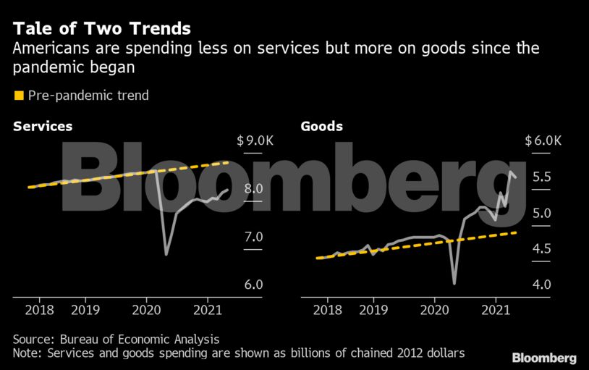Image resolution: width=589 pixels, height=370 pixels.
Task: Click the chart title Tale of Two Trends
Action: [101, 29]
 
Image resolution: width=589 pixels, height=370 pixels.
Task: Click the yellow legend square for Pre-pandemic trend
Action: [19, 95]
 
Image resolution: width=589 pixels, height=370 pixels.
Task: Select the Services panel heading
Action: [43, 126]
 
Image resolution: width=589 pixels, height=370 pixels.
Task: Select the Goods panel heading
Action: [322, 126]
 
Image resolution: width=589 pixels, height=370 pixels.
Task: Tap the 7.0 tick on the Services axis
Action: [253, 237]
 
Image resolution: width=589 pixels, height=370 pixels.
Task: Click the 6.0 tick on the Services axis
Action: [253, 285]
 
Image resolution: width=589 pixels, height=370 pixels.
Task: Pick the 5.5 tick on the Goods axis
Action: [541, 177]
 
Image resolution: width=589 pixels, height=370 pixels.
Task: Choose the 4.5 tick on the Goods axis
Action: [541, 248]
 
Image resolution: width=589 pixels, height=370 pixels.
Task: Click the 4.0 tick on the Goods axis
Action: [541, 285]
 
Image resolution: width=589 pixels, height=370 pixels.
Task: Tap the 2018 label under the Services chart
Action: [39, 309]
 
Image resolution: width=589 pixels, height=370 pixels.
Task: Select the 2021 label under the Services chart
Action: [208, 309]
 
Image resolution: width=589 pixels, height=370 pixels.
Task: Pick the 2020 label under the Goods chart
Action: [435, 309]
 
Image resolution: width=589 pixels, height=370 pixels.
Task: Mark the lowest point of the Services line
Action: [166, 254]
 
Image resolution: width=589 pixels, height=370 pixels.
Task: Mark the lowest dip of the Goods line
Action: [454, 282]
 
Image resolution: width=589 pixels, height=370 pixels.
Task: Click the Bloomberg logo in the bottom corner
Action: [544, 358]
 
